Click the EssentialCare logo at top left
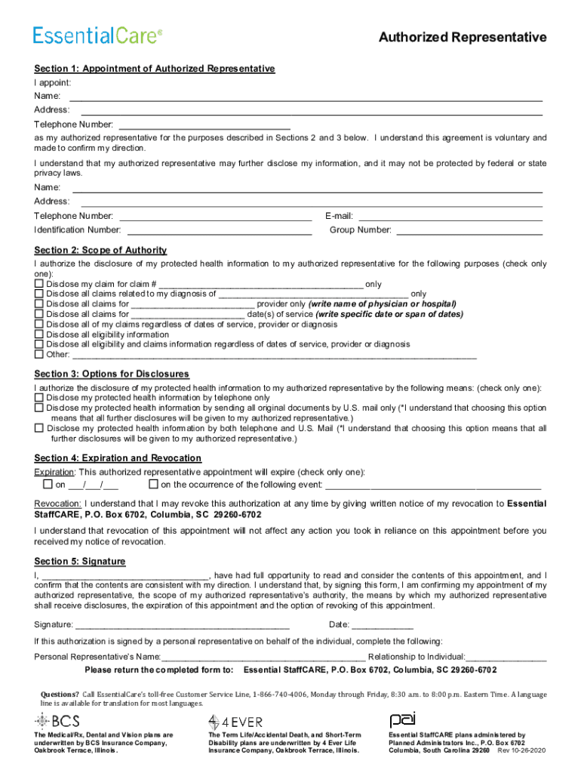97,35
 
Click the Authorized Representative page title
463,37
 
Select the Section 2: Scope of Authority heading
100,250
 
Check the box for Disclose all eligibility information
38,334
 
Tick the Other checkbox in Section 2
38,354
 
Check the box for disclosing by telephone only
38,398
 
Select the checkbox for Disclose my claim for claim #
38,285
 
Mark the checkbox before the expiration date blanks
48,485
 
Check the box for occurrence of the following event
153,485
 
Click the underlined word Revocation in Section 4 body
58,504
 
